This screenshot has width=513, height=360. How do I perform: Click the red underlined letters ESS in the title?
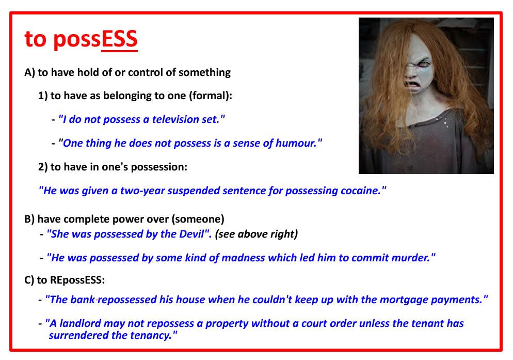119,39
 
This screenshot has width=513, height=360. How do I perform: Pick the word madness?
243,258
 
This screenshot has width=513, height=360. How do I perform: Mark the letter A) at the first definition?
29,72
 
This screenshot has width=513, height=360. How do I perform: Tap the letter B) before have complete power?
29,219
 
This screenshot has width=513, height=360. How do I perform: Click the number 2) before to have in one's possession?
43,167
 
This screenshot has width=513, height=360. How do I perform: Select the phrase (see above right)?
256,234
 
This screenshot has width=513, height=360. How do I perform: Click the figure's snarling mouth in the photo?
413,85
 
